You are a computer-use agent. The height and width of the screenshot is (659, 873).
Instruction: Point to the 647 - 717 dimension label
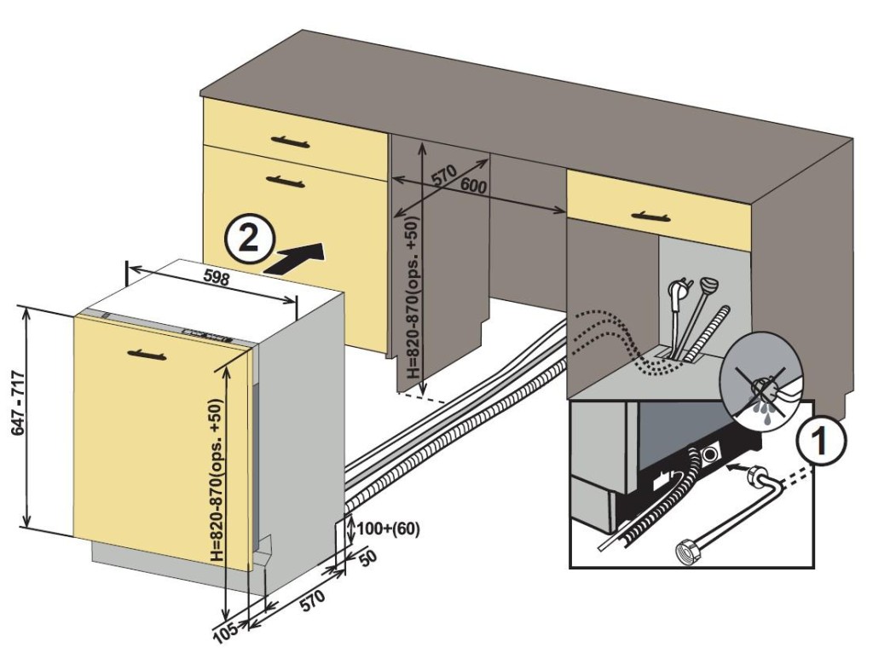[15, 418]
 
